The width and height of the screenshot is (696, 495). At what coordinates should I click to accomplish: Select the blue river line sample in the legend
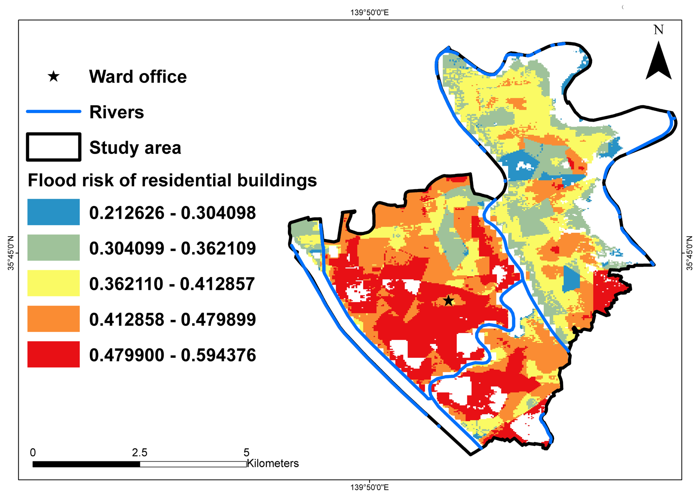pyautogui.click(x=54, y=111)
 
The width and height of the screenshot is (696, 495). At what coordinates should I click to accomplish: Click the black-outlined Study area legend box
pyautogui.click(x=54, y=147)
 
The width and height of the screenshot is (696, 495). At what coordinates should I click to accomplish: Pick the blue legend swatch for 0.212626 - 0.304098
pyautogui.click(x=54, y=212)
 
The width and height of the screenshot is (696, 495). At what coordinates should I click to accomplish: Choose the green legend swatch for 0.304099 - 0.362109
pyautogui.click(x=54, y=247)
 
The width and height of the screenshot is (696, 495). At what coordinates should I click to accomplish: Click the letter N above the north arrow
pyautogui.click(x=659, y=30)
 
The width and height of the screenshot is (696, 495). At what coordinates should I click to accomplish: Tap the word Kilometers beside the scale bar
pyautogui.click(x=273, y=463)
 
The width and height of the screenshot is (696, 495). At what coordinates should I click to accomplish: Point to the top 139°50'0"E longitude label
pyautogui.click(x=369, y=13)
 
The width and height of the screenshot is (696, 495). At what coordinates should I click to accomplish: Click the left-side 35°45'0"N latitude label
pyautogui.click(x=11, y=253)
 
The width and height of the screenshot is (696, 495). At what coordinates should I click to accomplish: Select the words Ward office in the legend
pyautogui.click(x=138, y=76)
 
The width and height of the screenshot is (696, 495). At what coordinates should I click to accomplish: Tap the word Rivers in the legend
pyautogui.click(x=117, y=112)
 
